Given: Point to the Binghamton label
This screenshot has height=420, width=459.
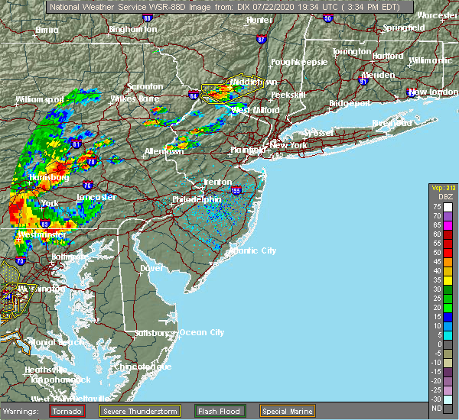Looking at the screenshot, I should pos(132,29).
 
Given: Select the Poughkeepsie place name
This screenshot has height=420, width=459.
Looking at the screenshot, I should pos(299,61).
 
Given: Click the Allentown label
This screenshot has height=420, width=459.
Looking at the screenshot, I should pos(164,151).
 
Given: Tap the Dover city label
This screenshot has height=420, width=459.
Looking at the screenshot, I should pos(153,269).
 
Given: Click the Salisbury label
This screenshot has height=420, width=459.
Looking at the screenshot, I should pos(154,333).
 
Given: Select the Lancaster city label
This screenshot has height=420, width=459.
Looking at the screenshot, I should pos(96,197).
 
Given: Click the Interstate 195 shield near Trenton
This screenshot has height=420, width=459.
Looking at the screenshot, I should pos(236,190).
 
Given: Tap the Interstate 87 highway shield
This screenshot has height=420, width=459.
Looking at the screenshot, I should pos(262,39).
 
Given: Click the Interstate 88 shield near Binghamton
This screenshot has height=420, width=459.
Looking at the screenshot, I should pos(147,17).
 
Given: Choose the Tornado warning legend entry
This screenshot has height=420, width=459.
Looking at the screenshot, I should pos(68,410).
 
